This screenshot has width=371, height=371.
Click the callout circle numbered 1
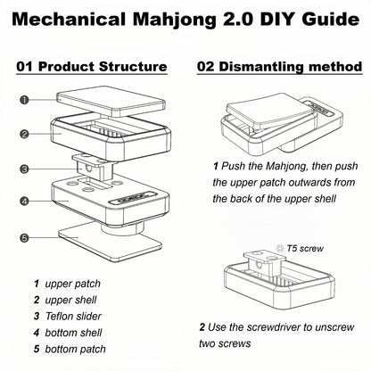click(24, 100)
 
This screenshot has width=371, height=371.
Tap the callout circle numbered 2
click(24, 134)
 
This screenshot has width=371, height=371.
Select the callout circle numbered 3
click(24, 169)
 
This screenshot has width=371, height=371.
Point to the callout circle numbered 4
click(24, 202)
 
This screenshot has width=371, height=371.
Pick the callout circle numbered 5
click(24, 238)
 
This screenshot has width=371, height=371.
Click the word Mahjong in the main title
click(175, 20)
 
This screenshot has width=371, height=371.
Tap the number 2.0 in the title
click(238, 20)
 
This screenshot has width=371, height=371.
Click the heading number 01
click(25, 66)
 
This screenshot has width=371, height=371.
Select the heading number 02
click(206, 66)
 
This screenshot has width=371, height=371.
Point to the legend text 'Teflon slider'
click(73, 316)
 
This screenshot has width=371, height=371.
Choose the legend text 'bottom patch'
click(75, 349)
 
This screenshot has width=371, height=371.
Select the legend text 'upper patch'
click(72, 284)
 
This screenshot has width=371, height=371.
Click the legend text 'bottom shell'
click(73, 333)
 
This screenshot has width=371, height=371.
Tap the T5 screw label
click(305, 248)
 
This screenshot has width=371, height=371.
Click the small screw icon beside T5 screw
click(280, 248)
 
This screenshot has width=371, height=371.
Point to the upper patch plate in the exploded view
click(111, 101)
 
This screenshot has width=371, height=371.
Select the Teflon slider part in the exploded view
click(93, 168)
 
